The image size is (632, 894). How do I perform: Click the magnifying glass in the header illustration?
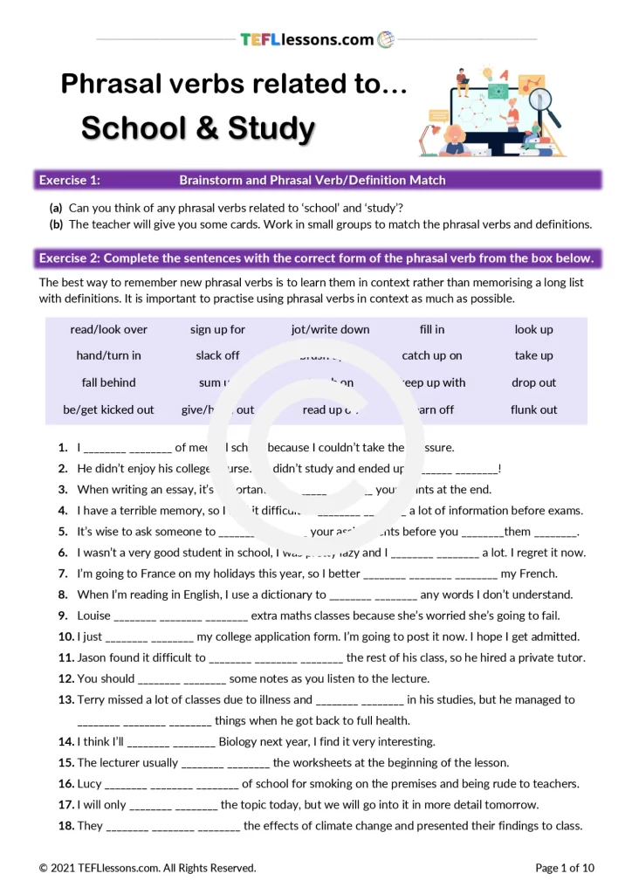pyautogui.click(x=544, y=104)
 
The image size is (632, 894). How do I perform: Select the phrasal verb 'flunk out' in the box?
pyautogui.click(x=534, y=409)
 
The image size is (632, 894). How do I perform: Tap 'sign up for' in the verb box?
pyautogui.click(x=217, y=329)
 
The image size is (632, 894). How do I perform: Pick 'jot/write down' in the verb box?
pyautogui.click(x=330, y=329)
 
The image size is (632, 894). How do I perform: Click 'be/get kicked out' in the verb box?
pyautogui.click(x=108, y=409)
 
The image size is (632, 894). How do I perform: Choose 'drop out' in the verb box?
pyautogui.click(x=534, y=382)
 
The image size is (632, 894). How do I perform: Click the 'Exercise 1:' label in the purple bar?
pyautogui.click(x=70, y=180)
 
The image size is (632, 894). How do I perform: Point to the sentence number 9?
pyautogui.click(x=63, y=615)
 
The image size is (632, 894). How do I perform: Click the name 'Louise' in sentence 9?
pyautogui.click(x=93, y=615)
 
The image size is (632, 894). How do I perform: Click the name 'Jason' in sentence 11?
pyautogui.click(x=93, y=657)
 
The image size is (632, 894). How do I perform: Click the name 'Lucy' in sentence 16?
pyautogui.click(x=89, y=783)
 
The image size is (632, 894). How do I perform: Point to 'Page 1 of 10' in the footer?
pyautogui.click(x=564, y=868)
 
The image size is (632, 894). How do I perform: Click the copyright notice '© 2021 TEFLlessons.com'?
pyautogui.click(x=105, y=868)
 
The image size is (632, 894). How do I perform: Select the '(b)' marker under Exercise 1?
pyautogui.click(x=56, y=224)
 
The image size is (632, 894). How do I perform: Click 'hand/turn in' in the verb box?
pyautogui.click(x=108, y=355)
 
